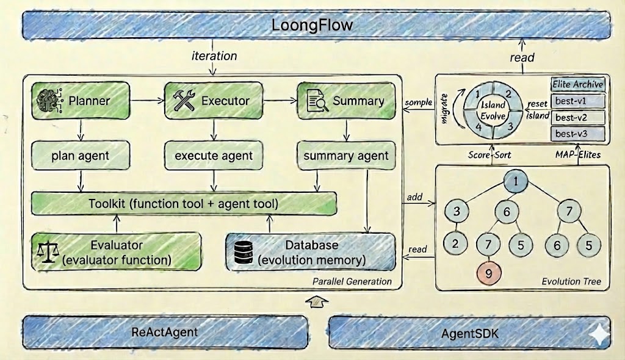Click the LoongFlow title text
pos(312,26)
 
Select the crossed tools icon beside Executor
pos(183,101)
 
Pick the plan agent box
pos(81,156)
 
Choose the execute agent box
pos(213,156)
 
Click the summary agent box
pos(346,156)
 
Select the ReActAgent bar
pos(165,333)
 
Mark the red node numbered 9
pos(488,273)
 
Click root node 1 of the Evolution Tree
pos(516,181)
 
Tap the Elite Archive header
pos(577,84)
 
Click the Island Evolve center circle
pos(492,110)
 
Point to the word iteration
pos(214,56)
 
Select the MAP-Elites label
pos(578,154)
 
